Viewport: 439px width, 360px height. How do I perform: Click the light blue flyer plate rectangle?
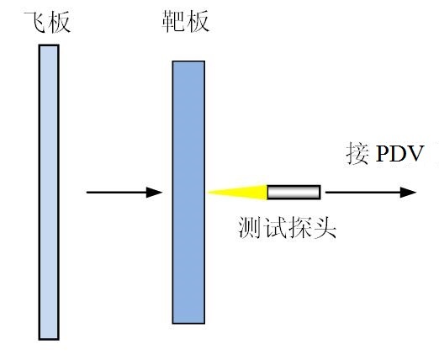pos(49,193)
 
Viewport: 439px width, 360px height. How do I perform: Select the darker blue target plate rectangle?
pos(188,193)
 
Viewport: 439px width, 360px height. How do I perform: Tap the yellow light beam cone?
pos(238,193)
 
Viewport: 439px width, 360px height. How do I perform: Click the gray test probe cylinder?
pos(294,193)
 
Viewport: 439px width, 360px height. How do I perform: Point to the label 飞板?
pos(47,22)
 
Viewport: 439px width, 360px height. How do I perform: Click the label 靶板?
pos(186,21)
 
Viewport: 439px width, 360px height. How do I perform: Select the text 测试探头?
pos(287,227)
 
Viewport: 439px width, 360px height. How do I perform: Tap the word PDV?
pos(399,154)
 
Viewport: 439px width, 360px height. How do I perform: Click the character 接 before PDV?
pos(357,153)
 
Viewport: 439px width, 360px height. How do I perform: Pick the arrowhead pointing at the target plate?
pos(154,193)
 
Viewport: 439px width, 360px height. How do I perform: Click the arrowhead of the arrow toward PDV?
pos(408,193)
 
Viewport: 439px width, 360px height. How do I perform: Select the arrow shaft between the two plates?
pos(117,193)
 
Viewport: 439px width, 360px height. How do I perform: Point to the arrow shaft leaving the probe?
pos(362,193)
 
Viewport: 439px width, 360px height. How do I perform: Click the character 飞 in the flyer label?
pos(34,22)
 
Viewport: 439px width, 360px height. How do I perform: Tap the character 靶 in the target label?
pos(173,21)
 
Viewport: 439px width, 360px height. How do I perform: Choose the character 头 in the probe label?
pos(325,227)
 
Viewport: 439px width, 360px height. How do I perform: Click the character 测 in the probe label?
pos(250,227)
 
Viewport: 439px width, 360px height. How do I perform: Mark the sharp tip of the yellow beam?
pos(208,193)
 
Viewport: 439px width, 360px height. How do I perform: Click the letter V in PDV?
pos(415,154)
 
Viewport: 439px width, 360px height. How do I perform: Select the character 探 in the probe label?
pos(299,227)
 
